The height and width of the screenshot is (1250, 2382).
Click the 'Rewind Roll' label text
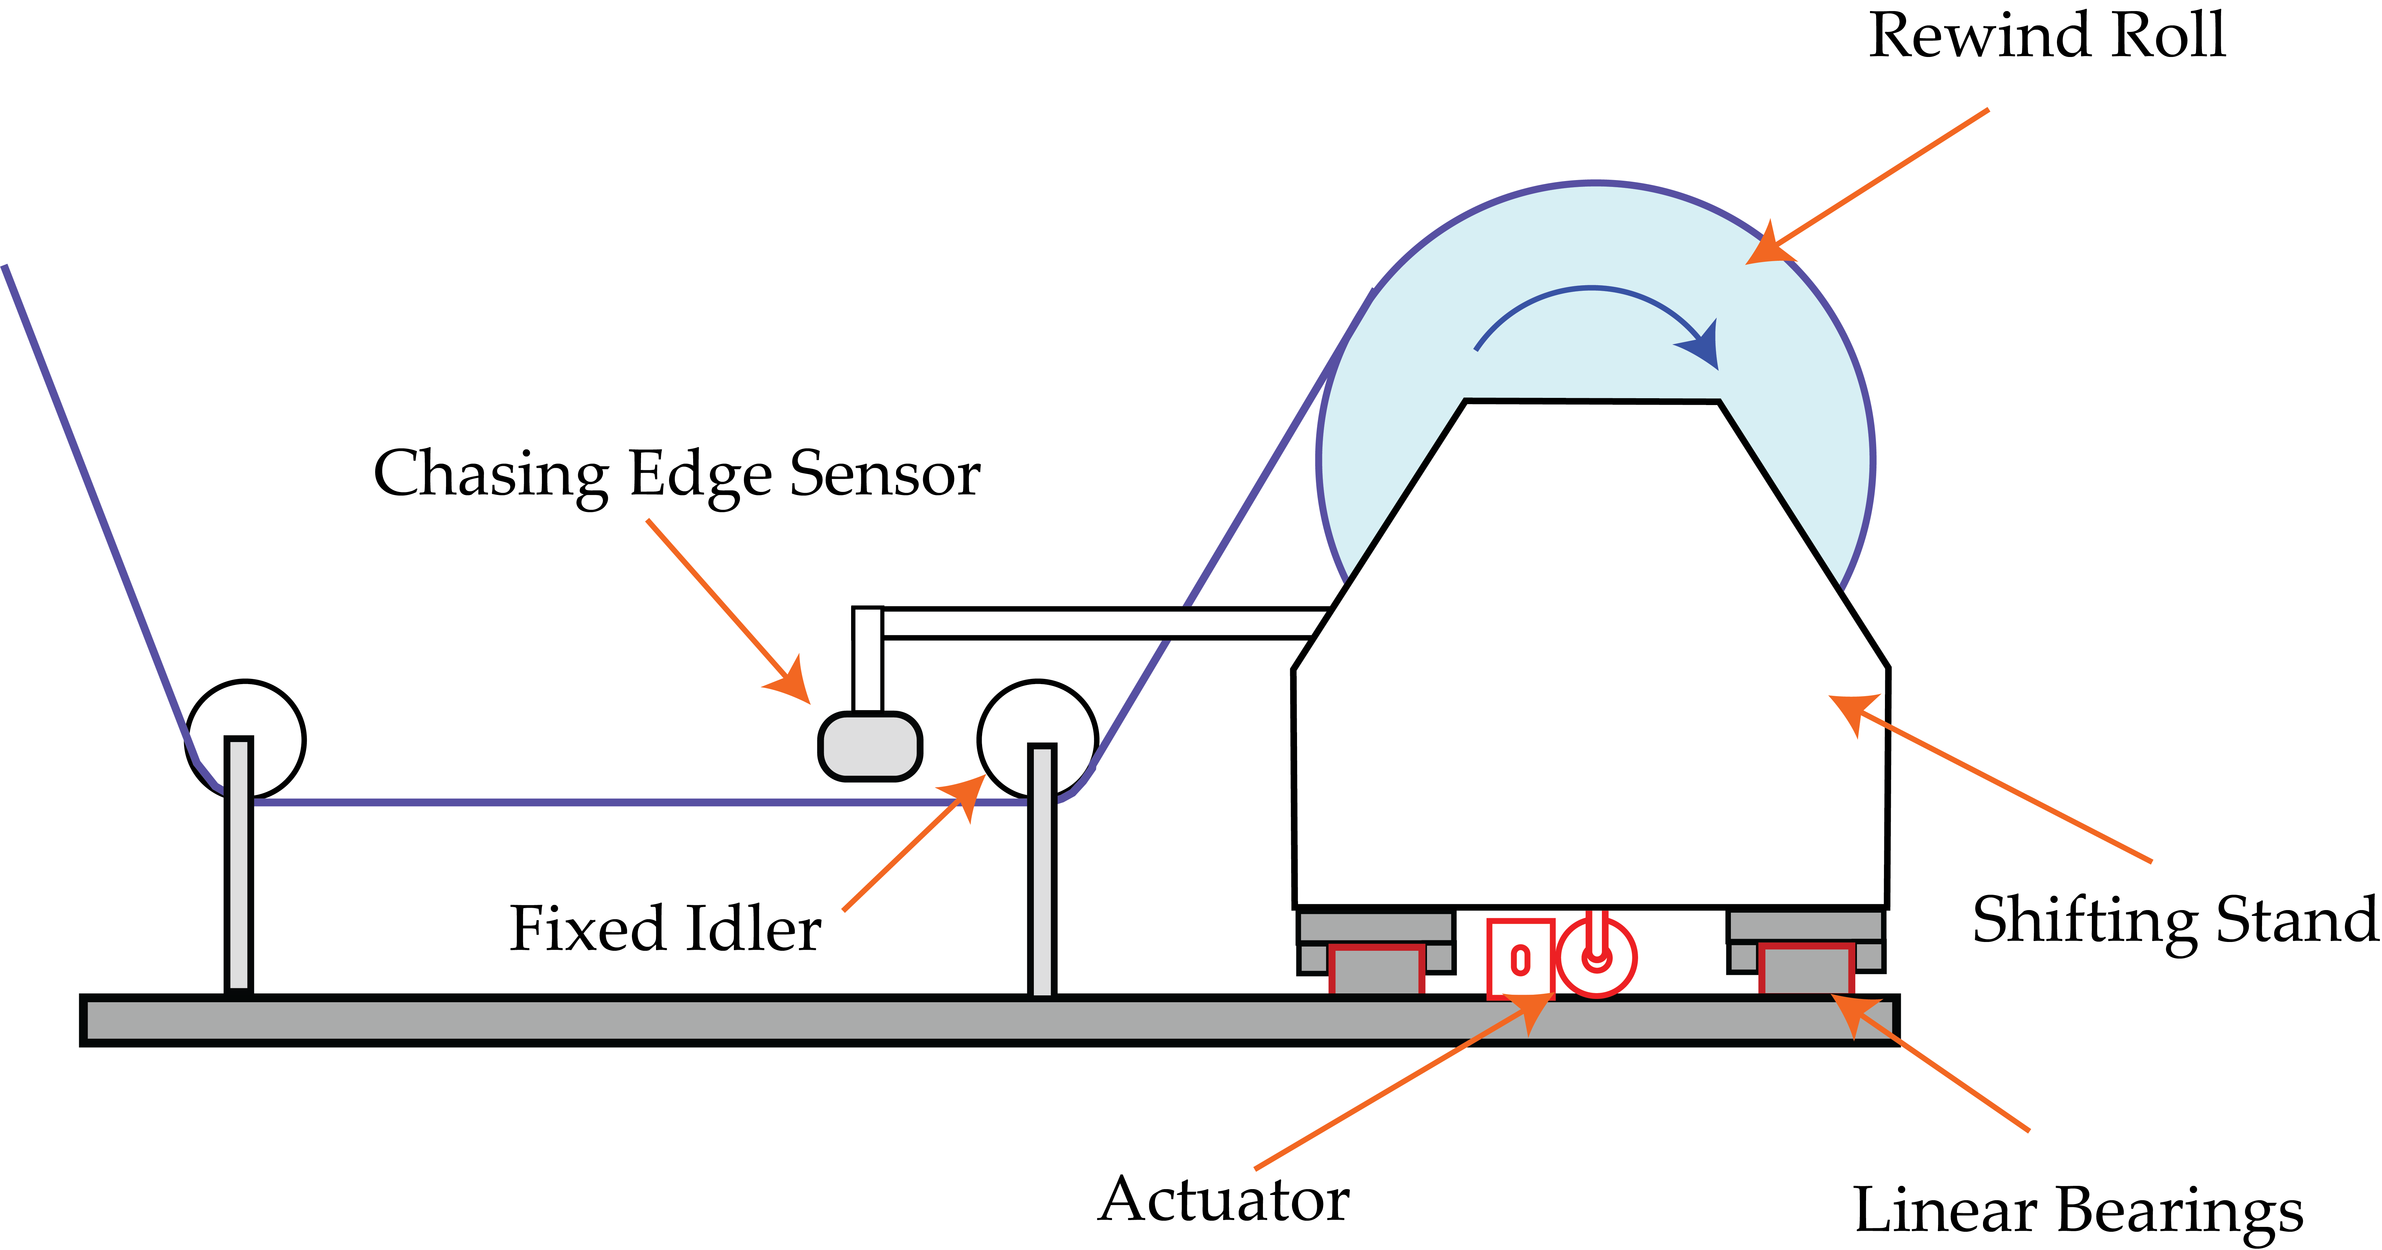(x=2046, y=37)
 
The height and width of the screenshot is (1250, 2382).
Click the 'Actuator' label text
(x=1223, y=1200)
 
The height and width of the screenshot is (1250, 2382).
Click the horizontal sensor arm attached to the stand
(x=1100, y=623)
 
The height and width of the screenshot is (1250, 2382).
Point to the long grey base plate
(x=990, y=1021)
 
